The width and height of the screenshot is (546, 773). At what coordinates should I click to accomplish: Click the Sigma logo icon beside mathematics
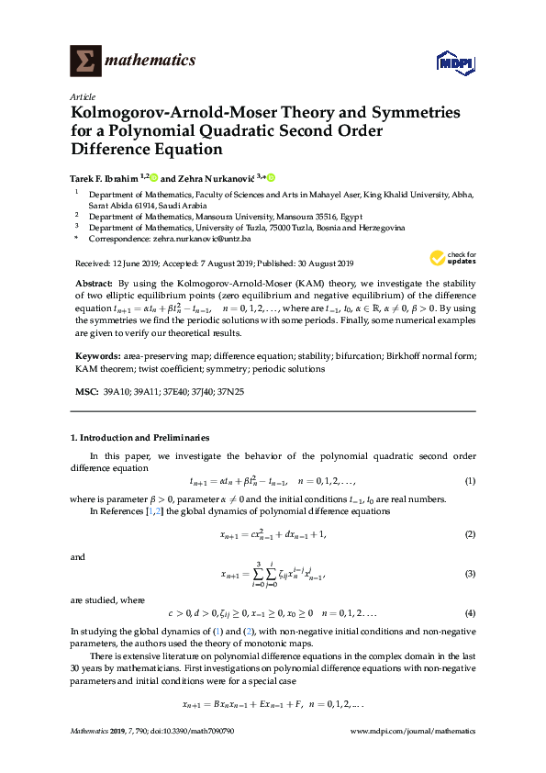pos(85,61)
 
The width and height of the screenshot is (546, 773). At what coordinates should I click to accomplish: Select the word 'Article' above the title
pos(83,96)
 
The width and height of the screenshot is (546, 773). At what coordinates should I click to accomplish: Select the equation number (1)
pos(470,481)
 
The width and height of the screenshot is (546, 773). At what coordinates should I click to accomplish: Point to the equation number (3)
pos(470,574)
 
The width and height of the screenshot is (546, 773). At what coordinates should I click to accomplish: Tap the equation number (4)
pos(470,612)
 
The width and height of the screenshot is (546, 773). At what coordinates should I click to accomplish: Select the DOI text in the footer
pos(204,732)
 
